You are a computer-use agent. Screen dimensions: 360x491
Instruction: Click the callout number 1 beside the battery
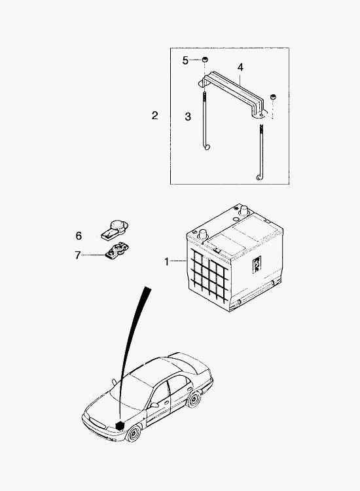[x=167, y=261]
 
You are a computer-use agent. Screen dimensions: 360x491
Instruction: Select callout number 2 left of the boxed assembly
[x=154, y=115]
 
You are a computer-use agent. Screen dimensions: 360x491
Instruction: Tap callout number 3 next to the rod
[x=187, y=117]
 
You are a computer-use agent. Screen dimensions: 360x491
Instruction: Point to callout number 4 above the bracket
[x=240, y=67]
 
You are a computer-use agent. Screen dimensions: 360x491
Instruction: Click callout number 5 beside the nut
[x=186, y=60]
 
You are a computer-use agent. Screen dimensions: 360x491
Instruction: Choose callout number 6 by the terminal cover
[x=79, y=236]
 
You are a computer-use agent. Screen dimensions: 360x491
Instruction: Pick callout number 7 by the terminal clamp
[x=78, y=255]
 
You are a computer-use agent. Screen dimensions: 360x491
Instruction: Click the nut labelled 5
[x=205, y=59]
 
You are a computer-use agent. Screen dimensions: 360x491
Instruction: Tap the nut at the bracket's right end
[x=274, y=97]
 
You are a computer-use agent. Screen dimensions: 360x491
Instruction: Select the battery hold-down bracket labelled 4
[x=232, y=94]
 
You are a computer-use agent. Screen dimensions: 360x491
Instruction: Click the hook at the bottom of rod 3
[x=206, y=147]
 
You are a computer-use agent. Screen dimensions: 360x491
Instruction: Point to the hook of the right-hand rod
[x=259, y=177]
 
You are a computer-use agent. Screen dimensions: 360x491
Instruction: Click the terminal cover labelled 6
[x=115, y=230]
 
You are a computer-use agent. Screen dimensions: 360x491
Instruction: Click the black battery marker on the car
[x=119, y=426]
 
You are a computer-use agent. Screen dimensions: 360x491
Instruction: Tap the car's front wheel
[x=134, y=433]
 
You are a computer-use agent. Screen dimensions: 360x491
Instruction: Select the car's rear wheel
[x=194, y=399]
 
